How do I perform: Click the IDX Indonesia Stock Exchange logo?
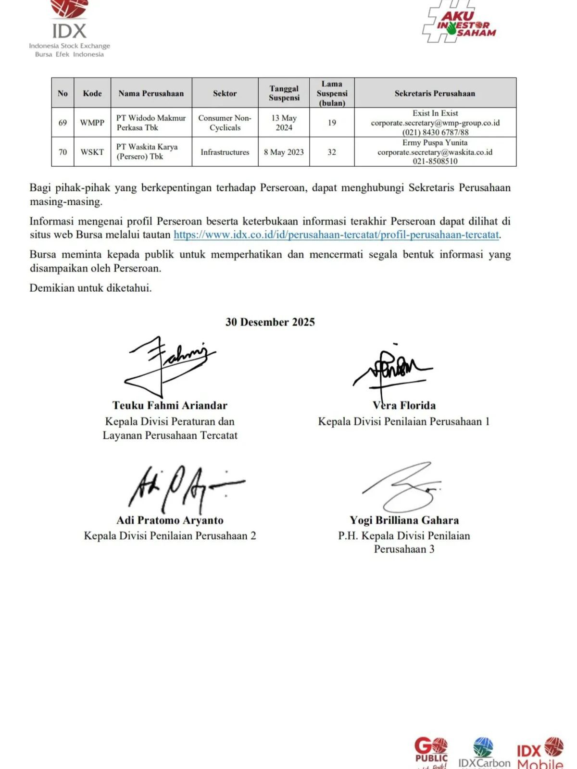pyautogui.click(x=70, y=29)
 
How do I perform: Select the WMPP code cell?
pyautogui.click(x=92, y=123)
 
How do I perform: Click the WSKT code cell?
pyautogui.click(x=92, y=152)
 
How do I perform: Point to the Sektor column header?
pyautogui.click(x=225, y=93)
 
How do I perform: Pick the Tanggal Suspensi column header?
pyautogui.click(x=284, y=93)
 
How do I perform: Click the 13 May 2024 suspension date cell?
pyautogui.click(x=284, y=123)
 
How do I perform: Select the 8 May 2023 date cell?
pyautogui.click(x=284, y=152)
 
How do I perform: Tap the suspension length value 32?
pyautogui.click(x=332, y=152)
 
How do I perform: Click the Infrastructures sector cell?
pyautogui.click(x=225, y=152)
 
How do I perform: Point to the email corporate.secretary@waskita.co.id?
pyautogui.click(x=435, y=152)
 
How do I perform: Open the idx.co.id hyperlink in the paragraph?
pyautogui.click(x=336, y=235)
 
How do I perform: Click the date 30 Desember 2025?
pyautogui.click(x=270, y=322)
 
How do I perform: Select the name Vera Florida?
pyautogui.click(x=404, y=405)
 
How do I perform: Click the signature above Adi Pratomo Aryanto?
pyautogui.click(x=183, y=488)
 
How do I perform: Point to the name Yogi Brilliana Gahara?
pyautogui.click(x=404, y=520)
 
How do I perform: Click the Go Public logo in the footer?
pyautogui.click(x=431, y=752)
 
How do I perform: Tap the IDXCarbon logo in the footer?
pyautogui.click(x=484, y=754)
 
